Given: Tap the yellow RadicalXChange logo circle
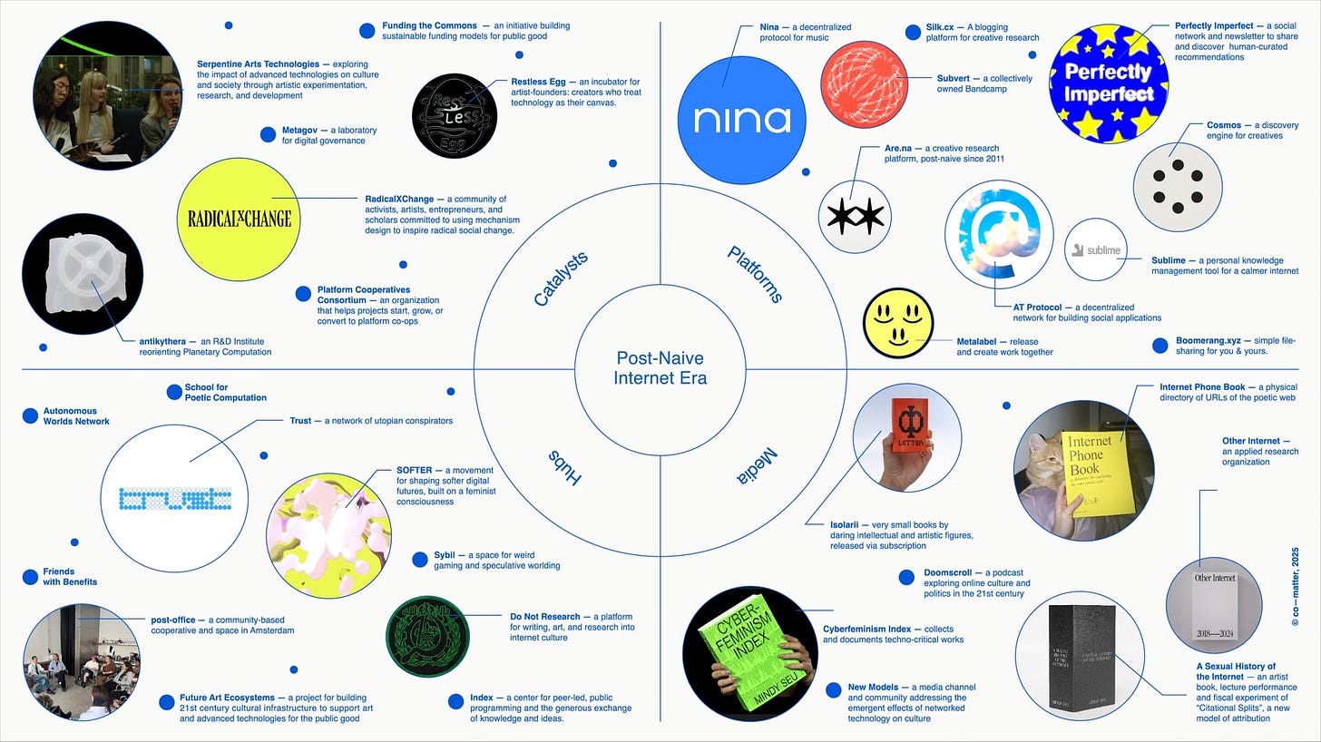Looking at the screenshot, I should point(239,219).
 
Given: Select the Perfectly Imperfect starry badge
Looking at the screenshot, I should point(1108,83).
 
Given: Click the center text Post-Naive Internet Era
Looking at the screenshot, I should point(660,368).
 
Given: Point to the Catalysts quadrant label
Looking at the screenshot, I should point(561,278).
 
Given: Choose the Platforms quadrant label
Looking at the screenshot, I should point(755,274).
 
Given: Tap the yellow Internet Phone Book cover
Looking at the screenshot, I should point(1095,473).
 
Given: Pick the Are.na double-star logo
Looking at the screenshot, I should point(853,217).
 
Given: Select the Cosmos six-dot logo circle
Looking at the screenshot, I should point(1177,186).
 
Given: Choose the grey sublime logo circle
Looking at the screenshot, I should point(1095,249).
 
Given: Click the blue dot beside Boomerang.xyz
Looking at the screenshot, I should point(1160,345).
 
